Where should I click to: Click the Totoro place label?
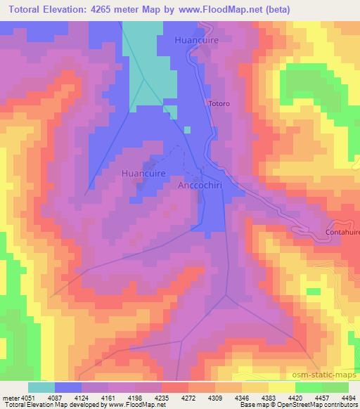218,104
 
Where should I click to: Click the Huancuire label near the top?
198,40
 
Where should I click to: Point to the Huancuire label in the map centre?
143,172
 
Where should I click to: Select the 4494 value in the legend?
348,398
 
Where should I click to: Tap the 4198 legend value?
136,398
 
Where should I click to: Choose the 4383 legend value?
269,398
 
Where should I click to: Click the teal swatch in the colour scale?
41,387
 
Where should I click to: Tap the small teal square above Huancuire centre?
187,129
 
